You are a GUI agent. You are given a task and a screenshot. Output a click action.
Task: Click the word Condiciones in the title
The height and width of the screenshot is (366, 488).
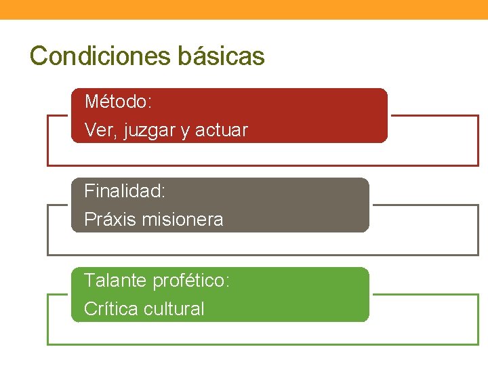[102, 56]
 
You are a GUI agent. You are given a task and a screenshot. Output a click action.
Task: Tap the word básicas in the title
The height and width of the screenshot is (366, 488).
[222, 56]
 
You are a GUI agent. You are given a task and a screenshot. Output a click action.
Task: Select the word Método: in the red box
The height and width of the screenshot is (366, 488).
[118, 102]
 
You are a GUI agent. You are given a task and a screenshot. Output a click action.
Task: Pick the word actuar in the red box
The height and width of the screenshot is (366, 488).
[222, 130]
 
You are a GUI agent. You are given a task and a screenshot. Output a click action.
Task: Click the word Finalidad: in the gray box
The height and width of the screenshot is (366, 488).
[125, 192]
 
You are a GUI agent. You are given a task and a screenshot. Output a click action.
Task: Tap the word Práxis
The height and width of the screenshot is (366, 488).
[109, 220]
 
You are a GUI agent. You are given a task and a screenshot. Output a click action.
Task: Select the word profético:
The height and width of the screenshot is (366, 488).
[191, 281]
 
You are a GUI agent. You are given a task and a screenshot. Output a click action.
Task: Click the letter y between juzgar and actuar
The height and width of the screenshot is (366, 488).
[185, 131]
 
